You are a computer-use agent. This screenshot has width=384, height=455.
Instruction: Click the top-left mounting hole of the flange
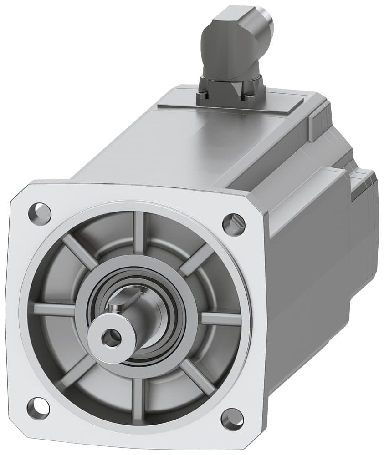click(40, 212)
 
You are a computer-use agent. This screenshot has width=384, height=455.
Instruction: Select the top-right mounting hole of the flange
click(234, 223)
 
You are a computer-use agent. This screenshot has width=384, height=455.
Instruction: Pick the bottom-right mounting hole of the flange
click(233, 419)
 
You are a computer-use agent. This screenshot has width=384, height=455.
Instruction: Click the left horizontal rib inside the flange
click(54, 309)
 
